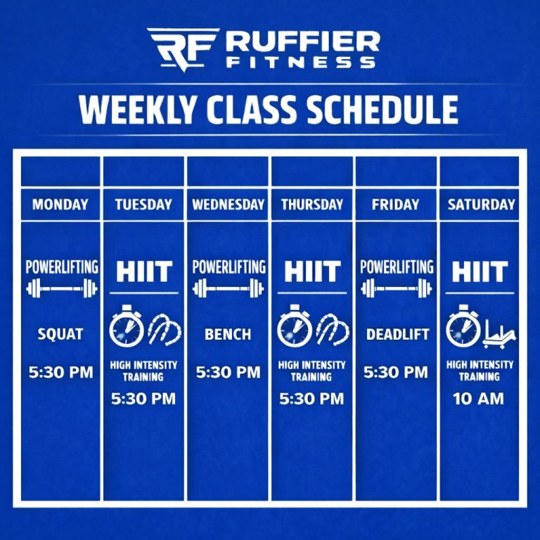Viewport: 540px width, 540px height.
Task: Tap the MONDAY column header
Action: [x=60, y=205]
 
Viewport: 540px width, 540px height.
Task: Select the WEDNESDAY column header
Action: [x=229, y=205]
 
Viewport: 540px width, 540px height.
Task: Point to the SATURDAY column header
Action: [x=482, y=205]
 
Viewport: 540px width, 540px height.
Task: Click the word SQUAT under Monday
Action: [x=60, y=335]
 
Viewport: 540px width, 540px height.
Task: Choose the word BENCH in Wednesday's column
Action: [x=229, y=335]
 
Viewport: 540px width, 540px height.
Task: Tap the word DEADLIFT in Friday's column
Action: [x=397, y=335]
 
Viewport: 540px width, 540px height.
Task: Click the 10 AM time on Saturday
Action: [x=480, y=399]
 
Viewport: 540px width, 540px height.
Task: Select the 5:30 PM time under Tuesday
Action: [x=143, y=399]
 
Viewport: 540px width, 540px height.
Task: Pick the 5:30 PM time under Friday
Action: [x=396, y=372]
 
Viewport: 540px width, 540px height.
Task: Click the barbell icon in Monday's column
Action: [x=60, y=288]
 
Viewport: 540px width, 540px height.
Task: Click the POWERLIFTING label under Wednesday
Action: [x=229, y=267]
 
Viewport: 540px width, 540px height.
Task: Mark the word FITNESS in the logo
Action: [x=301, y=62]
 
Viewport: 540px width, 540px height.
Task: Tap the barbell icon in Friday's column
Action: [x=397, y=288]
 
